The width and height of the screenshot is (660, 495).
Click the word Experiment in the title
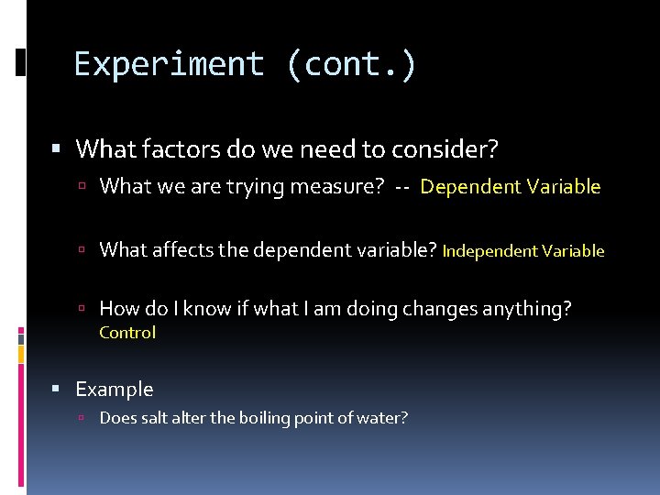click(169, 64)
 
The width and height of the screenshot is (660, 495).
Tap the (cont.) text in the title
click(351, 64)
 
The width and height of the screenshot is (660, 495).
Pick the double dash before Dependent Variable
click(402, 187)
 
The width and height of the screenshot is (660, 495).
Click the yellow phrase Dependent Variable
click(511, 187)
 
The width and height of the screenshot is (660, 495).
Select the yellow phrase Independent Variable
click(523, 250)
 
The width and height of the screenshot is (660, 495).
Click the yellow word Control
click(127, 333)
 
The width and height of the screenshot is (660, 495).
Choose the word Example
click(115, 390)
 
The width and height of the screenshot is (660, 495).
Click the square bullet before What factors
click(57, 148)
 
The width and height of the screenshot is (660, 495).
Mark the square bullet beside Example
click(57, 390)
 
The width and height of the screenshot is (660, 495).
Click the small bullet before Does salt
click(82, 419)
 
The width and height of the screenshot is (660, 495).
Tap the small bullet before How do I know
click(82, 310)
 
